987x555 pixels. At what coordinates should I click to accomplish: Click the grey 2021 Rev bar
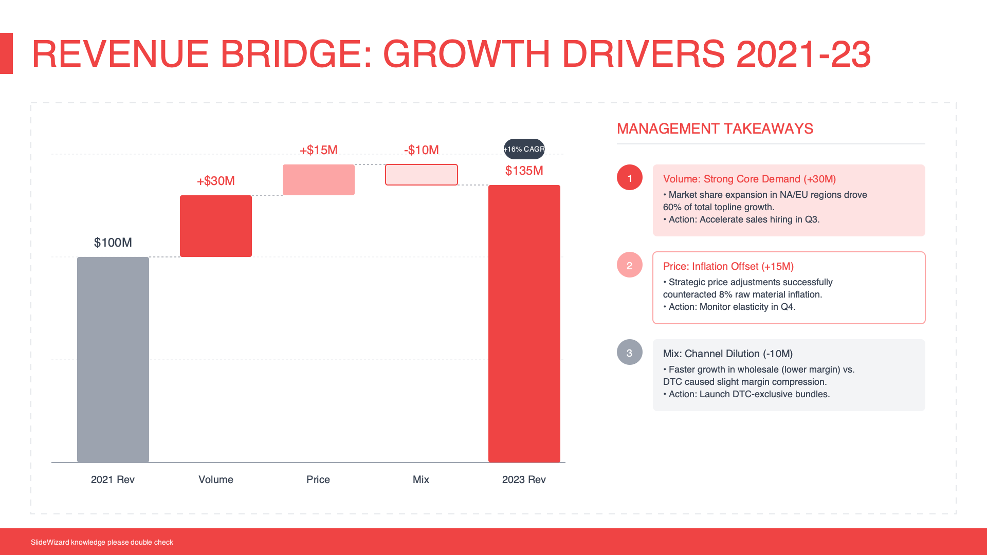pyautogui.click(x=113, y=360)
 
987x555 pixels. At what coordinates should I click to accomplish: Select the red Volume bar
pyautogui.click(x=216, y=226)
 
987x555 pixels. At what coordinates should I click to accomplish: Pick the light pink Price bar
pyautogui.click(x=319, y=180)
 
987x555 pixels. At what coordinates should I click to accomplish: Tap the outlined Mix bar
pyautogui.click(x=422, y=175)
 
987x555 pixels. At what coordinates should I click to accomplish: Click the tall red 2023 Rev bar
pyautogui.click(x=524, y=324)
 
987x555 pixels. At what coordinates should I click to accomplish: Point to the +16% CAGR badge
pyautogui.click(x=524, y=149)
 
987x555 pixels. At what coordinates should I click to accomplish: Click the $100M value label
pyautogui.click(x=113, y=243)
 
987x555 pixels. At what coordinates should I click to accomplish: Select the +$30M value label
pyautogui.click(x=216, y=181)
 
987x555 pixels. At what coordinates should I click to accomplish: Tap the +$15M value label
pyautogui.click(x=319, y=150)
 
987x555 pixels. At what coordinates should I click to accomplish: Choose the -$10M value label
pyautogui.click(x=422, y=150)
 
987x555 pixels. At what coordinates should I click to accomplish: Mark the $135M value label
pyautogui.click(x=524, y=171)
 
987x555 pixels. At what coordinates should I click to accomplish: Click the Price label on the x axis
pyautogui.click(x=318, y=479)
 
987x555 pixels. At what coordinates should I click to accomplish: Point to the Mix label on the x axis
pyautogui.click(x=421, y=479)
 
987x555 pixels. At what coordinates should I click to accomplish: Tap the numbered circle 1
pyautogui.click(x=630, y=178)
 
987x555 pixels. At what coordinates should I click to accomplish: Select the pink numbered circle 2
pyautogui.click(x=630, y=265)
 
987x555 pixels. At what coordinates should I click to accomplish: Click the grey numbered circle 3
pyautogui.click(x=630, y=353)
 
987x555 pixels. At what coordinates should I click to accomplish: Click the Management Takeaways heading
pyautogui.click(x=715, y=128)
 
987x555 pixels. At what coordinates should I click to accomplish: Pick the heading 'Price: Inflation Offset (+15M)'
pyautogui.click(x=728, y=266)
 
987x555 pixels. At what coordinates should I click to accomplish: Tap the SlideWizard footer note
pyautogui.click(x=102, y=542)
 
